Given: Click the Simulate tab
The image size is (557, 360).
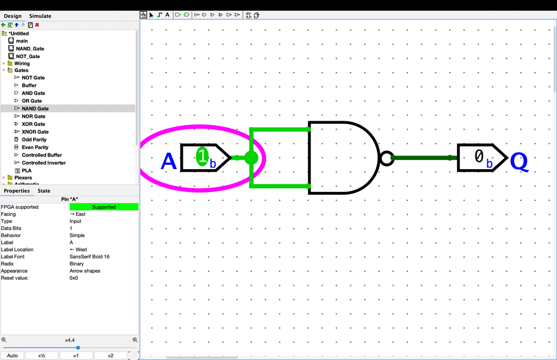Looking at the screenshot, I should point(40,16).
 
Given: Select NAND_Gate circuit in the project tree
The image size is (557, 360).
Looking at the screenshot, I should point(30,48).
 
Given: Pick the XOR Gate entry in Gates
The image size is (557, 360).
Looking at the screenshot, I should point(33,124).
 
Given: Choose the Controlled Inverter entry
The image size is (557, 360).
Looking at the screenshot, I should point(44,163).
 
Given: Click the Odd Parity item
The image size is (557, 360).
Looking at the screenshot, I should point(34,140).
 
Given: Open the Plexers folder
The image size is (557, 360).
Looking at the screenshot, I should point(23,178).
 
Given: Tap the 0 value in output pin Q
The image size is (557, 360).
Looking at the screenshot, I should point(479,157).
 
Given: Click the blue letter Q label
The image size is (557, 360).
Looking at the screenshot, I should point(519,162).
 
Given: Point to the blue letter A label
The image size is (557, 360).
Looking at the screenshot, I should point(169,162).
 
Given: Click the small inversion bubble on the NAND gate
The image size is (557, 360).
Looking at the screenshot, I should point(386,158).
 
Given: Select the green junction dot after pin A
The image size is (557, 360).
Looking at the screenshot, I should point(251,158).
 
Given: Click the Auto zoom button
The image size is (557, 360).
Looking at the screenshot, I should point(12,356).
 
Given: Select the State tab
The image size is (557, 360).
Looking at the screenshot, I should point(44,191).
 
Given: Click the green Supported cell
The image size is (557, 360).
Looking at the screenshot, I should point(104,207).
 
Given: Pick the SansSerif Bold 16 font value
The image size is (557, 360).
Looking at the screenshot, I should point(89,257).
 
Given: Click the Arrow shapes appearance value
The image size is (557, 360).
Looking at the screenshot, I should point(85,271).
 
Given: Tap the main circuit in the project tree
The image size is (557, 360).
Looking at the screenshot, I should point(22,41).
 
